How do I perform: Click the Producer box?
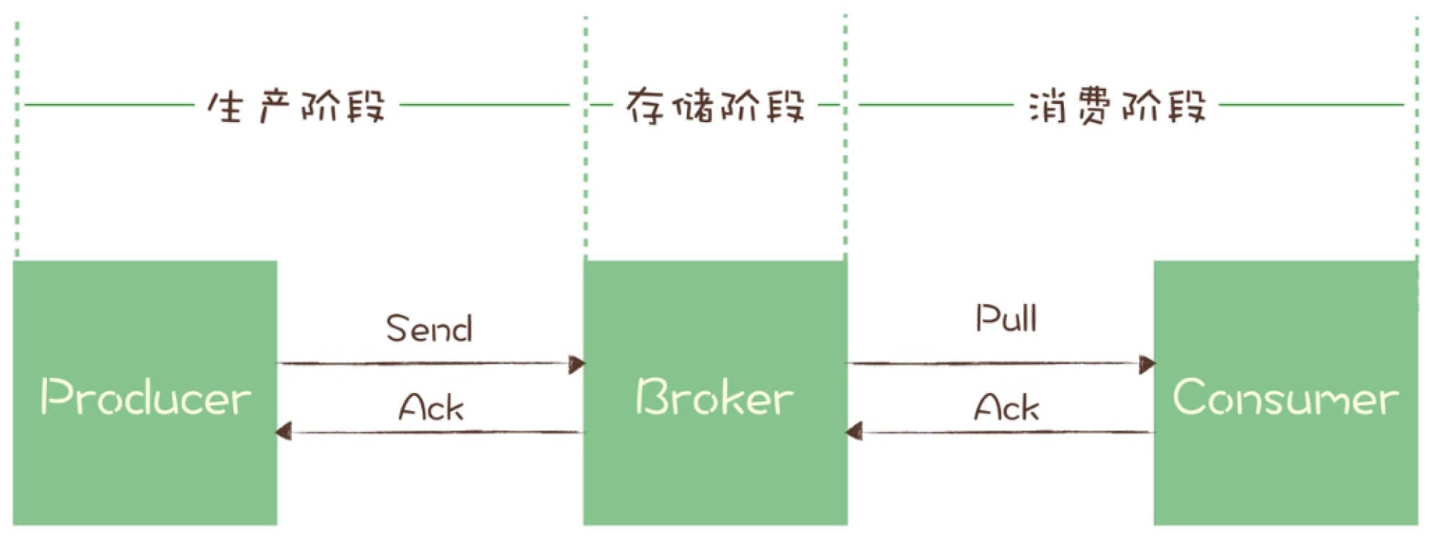coord(144,462)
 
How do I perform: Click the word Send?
coord(429,329)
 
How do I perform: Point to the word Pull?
coord(1006,318)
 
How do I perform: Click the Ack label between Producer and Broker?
coord(431,408)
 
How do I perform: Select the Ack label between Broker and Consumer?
coord(1006,407)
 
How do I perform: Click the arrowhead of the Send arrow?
coord(576,364)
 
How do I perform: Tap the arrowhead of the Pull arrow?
coord(1146,364)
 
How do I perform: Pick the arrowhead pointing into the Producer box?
coord(284,432)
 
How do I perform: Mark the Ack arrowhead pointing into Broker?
coord(854,432)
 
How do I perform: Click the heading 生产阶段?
coord(296,107)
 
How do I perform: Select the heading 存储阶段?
coord(715,107)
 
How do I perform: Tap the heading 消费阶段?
coord(1117,107)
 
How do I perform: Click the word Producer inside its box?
coord(145,397)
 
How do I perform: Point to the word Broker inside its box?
coord(714,397)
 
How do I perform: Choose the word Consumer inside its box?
coord(1286,397)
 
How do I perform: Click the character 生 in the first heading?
coord(225,107)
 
